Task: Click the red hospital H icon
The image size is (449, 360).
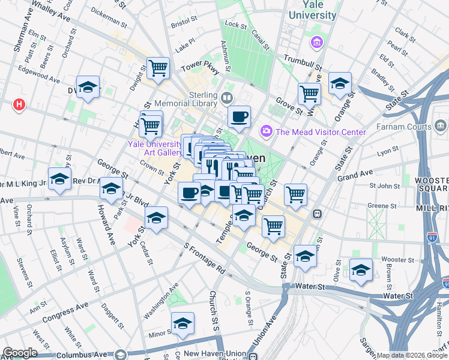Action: tap(19, 105)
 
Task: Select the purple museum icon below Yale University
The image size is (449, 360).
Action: tap(316, 43)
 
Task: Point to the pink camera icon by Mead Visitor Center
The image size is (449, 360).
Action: tap(265, 130)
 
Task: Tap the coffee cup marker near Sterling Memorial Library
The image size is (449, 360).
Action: tap(239, 116)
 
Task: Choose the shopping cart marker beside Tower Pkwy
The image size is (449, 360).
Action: tap(159, 68)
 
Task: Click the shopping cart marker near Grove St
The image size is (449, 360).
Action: tap(309, 93)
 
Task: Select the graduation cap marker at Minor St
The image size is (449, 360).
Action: tap(182, 323)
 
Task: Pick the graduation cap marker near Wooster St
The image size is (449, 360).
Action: tap(361, 270)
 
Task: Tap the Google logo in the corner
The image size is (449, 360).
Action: tap(20, 352)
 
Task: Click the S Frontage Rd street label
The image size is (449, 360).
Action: tap(204, 259)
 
